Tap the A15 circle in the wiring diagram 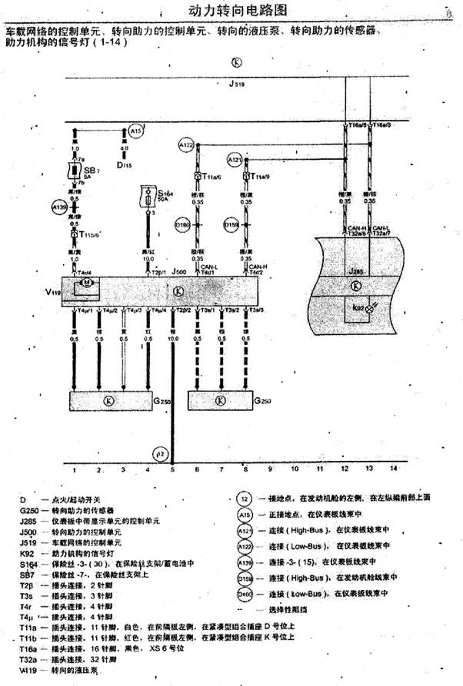click(x=135, y=131)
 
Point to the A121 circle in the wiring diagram click(x=235, y=160)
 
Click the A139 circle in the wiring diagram click(x=58, y=207)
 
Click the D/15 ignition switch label click(x=124, y=164)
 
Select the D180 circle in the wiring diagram click(x=184, y=225)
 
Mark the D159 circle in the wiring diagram click(x=231, y=225)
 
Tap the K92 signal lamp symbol click(x=368, y=308)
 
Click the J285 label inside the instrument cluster click(x=355, y=272)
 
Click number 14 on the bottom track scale click(x=394, y=467)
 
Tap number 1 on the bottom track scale click(x=74, y=468)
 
